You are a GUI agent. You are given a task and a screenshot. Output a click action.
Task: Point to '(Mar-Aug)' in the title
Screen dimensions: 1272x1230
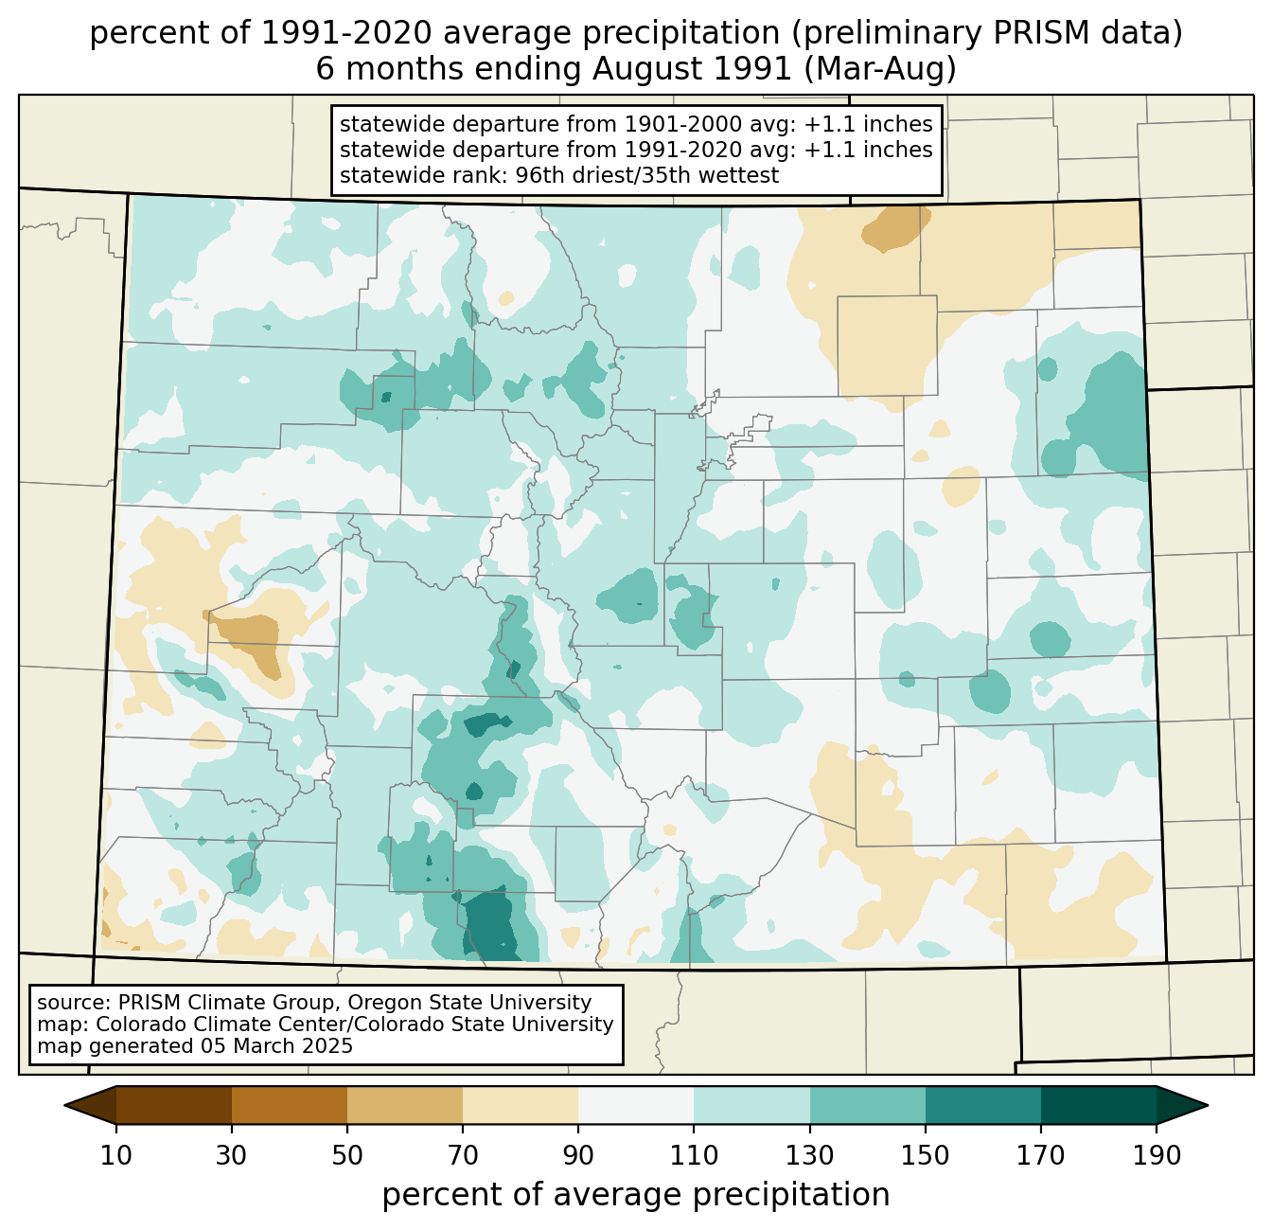[x=880, y=69]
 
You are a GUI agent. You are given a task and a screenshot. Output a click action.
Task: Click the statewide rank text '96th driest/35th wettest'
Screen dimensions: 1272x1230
[x=646, y=175]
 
